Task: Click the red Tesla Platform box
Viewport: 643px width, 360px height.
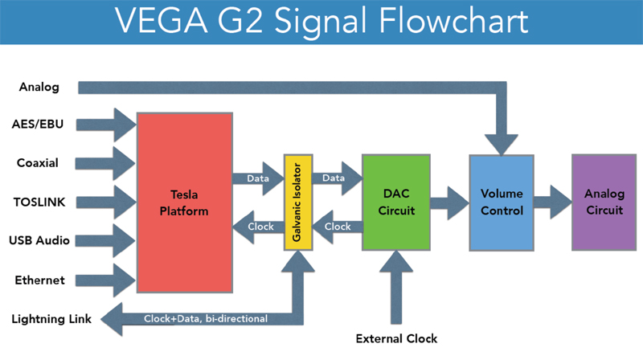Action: point(185,202)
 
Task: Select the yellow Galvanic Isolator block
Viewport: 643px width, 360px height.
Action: point(298,202)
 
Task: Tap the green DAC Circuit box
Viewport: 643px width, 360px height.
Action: point(396,202)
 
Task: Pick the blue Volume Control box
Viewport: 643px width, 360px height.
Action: point(502,202)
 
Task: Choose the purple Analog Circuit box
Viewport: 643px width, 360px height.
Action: point(604,202)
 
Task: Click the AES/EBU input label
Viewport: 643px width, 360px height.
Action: point(38,125)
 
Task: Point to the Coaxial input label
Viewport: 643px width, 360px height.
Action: point(37,163)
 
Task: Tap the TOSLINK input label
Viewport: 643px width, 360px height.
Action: point(39,202)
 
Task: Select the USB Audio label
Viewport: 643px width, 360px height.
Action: point(39,240)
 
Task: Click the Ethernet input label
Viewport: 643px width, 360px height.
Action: point(39,280)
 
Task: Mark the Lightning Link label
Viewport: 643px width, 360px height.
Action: point(51,319)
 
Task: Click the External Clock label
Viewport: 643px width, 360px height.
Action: point(396,338)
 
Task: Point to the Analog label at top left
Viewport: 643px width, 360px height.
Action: point(39,87)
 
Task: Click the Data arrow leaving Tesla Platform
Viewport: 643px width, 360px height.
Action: point(258,178)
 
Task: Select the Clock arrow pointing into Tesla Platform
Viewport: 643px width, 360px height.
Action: point(258,227)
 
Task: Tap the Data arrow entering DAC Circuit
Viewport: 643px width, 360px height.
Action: point(337,178)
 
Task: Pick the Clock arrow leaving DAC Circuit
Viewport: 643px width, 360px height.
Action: point(337,227)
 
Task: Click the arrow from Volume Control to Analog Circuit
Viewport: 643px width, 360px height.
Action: point(553,202)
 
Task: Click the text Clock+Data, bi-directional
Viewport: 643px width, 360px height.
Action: point(206,318)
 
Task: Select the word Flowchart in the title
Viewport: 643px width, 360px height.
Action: point(453,21)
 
